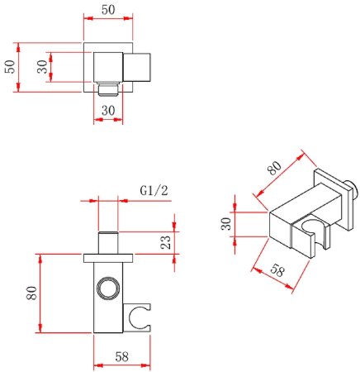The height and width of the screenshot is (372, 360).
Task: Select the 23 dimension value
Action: click(166, 242)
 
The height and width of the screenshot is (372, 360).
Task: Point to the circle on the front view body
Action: click(107, 289)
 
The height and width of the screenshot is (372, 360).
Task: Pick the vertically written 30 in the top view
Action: click(40, 67)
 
